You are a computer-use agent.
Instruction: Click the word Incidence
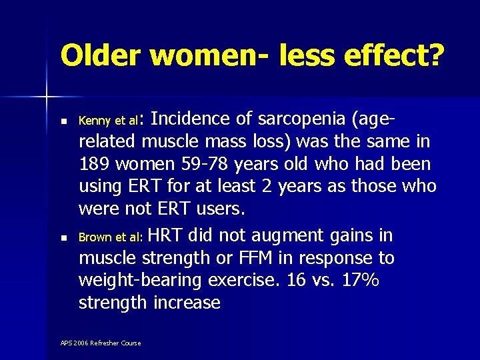194,120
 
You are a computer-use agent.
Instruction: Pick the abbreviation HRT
166,235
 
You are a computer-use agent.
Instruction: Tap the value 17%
359,281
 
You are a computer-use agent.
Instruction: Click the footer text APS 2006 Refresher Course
101,343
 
